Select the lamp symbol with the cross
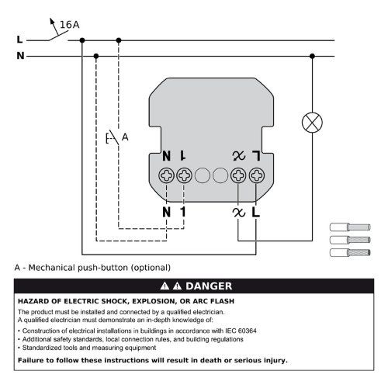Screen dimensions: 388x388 (x=312, y=122)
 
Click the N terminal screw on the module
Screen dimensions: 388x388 (x=167, y=175)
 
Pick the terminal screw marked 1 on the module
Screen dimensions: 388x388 (x=184, y=175)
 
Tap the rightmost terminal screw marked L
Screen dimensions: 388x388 (x=256, y=175)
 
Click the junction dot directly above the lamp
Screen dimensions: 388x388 (x=312, y=56)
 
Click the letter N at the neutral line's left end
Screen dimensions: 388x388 (x=19, y=56)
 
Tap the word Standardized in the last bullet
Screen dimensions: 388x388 (x=43, y=348)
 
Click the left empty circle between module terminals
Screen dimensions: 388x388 (x=203, y=175)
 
